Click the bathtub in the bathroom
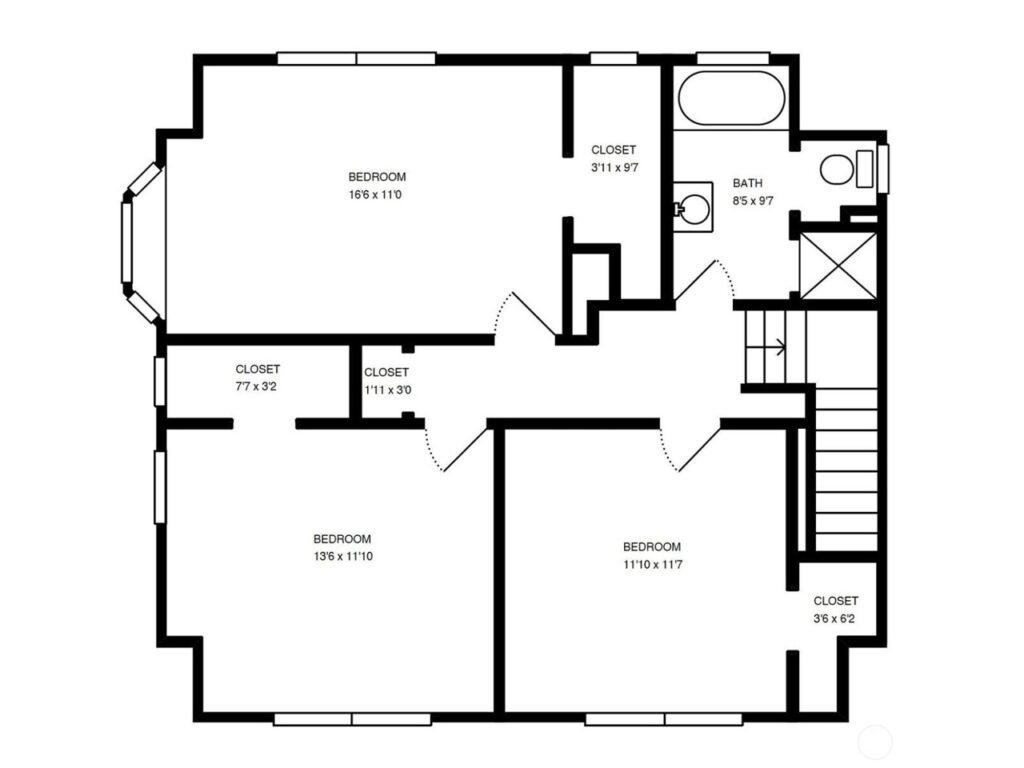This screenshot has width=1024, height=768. (731, 98)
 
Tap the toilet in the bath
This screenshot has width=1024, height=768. (846, 169)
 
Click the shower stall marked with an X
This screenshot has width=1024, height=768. (839, 266)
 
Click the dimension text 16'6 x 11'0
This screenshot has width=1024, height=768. (376, 195)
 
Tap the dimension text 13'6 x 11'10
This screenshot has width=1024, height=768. (343, 557)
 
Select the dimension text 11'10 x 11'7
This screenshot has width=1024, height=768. (653, 565)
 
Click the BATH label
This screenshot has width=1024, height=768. (747, 184)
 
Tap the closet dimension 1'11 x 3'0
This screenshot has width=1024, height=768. (388, 391)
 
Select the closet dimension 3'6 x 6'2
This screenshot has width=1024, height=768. (834, 618)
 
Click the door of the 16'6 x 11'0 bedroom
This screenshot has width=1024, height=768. (534, 314)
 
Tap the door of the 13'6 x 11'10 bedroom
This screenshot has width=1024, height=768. (465, 449)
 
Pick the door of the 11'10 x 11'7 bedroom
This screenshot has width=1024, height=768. (700, 449)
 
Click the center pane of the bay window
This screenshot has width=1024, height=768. (127, 242)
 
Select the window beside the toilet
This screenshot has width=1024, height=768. (882, 169)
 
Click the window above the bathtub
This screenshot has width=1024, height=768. (733, 59)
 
